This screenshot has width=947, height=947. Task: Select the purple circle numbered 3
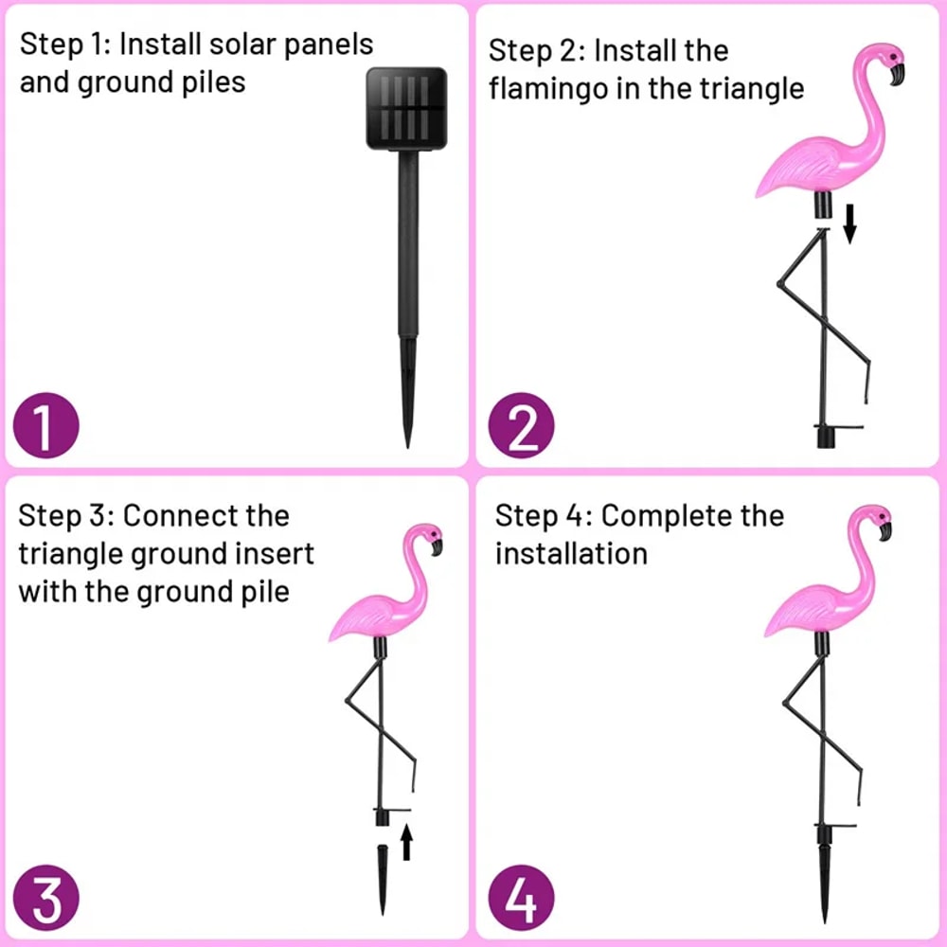(45, 900)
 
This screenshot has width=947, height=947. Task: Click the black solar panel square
(406, 108)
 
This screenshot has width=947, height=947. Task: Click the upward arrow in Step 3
(406, 841)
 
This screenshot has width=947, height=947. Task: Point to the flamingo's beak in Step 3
(438, 545)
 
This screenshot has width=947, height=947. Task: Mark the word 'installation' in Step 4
(571, 553)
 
